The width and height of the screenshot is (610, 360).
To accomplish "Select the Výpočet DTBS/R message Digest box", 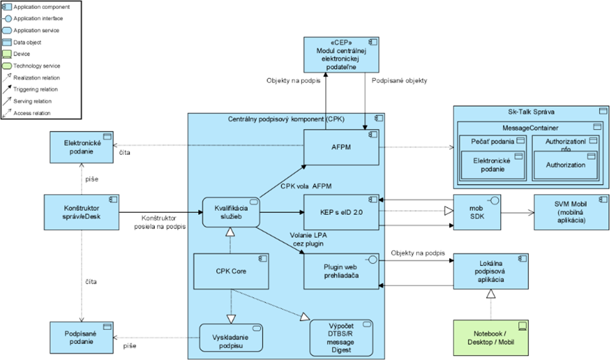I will point(341,337).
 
